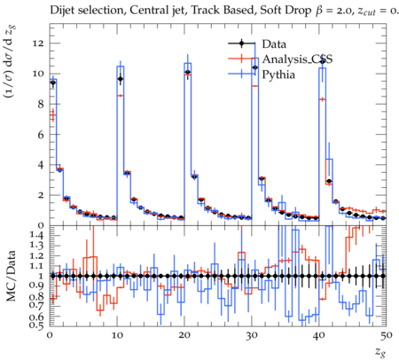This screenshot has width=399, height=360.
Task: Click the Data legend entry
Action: click(x=274, y=44)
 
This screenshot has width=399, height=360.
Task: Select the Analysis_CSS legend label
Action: click(x=297, y=59)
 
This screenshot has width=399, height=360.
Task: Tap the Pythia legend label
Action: click(x=278, y=74)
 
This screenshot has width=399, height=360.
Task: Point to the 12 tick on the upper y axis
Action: click(x=38, y=43)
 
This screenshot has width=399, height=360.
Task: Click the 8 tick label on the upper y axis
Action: click(x=41, y=104)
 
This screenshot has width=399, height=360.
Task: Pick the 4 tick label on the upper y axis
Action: click(x=41, y=165)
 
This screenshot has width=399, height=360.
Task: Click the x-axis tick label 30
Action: click(x=252, y=335)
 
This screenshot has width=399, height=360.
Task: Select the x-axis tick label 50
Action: click(x=387, y=335)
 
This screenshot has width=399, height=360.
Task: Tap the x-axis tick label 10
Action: click(x=117, y=335)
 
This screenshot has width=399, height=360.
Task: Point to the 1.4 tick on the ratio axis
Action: click(x=37, y=235)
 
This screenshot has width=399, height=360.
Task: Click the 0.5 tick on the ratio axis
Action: click(x=37, y=325)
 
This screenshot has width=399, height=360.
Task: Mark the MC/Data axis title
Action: click(x=12, y=276)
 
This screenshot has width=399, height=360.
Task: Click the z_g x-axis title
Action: click(x=380, y=352)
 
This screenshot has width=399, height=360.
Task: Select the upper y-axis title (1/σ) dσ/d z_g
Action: click(x=12, y=62)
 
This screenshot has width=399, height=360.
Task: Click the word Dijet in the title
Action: click(x=61, y=10)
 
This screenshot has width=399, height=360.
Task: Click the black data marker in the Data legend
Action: click(x=241, y=43)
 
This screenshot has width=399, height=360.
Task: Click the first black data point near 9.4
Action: click(x=53, y=82)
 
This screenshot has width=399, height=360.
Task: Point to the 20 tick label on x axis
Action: click(x=184, y=335)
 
